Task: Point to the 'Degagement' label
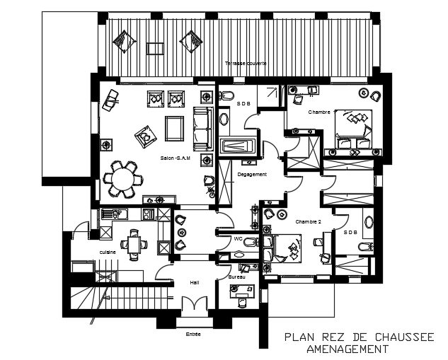252,174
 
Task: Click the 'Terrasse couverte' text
246,63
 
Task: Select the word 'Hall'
194,282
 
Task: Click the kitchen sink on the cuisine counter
113,213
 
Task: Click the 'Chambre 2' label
309,221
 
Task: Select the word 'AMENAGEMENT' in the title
347,350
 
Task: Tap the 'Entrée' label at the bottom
193,333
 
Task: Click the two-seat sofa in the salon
202,124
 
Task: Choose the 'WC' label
238,239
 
